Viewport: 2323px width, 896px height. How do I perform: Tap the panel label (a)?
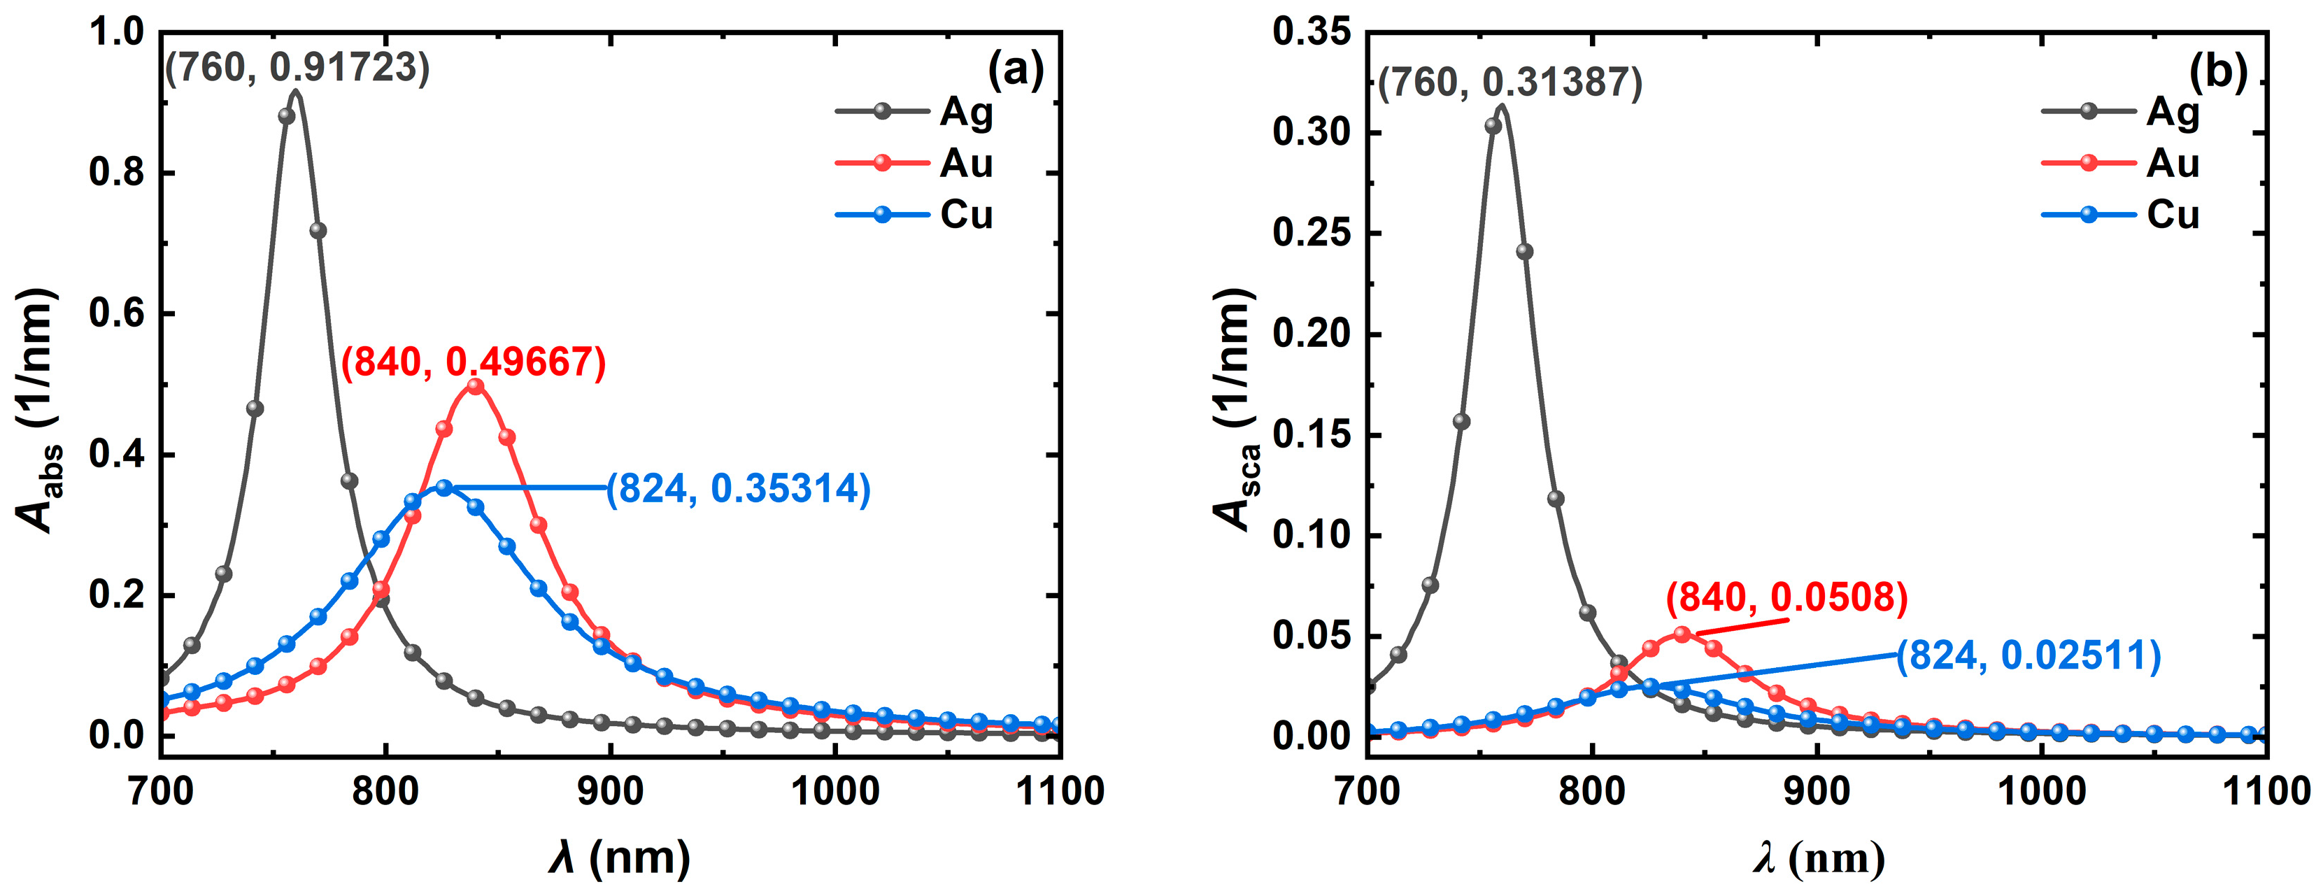[1016, 69]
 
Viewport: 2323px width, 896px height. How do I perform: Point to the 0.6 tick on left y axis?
[118, 313]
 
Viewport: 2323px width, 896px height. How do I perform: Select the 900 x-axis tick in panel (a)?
[611, 792]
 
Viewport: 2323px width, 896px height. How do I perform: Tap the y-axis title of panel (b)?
[1235, 410]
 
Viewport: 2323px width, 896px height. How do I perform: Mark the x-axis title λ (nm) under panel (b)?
[1818, 858]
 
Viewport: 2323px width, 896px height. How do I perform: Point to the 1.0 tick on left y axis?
[118, 32]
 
